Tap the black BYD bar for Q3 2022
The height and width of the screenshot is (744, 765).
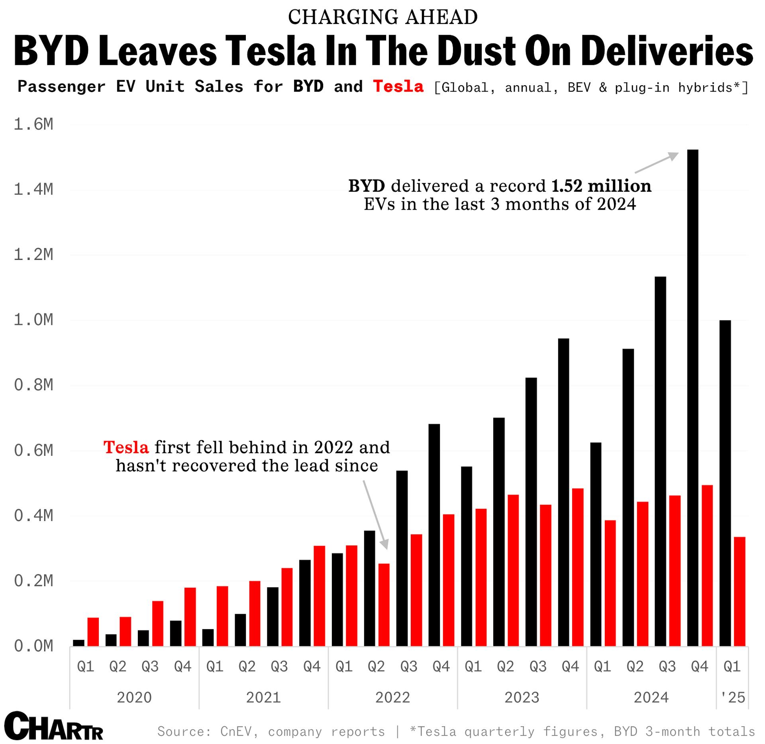402,558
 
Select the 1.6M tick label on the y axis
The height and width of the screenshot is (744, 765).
33,124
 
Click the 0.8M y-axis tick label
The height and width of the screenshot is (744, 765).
33,385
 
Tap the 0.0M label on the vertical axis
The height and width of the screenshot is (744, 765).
33,646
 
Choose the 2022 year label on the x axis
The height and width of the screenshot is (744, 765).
392,697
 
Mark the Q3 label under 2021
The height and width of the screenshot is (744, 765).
279,666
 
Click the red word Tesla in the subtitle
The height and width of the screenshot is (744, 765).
398,86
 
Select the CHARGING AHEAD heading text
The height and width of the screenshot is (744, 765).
382,17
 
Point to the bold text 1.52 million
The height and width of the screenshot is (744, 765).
601,186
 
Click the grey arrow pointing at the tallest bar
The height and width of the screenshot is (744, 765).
657,163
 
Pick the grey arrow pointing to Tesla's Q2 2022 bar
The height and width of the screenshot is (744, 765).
375,514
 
